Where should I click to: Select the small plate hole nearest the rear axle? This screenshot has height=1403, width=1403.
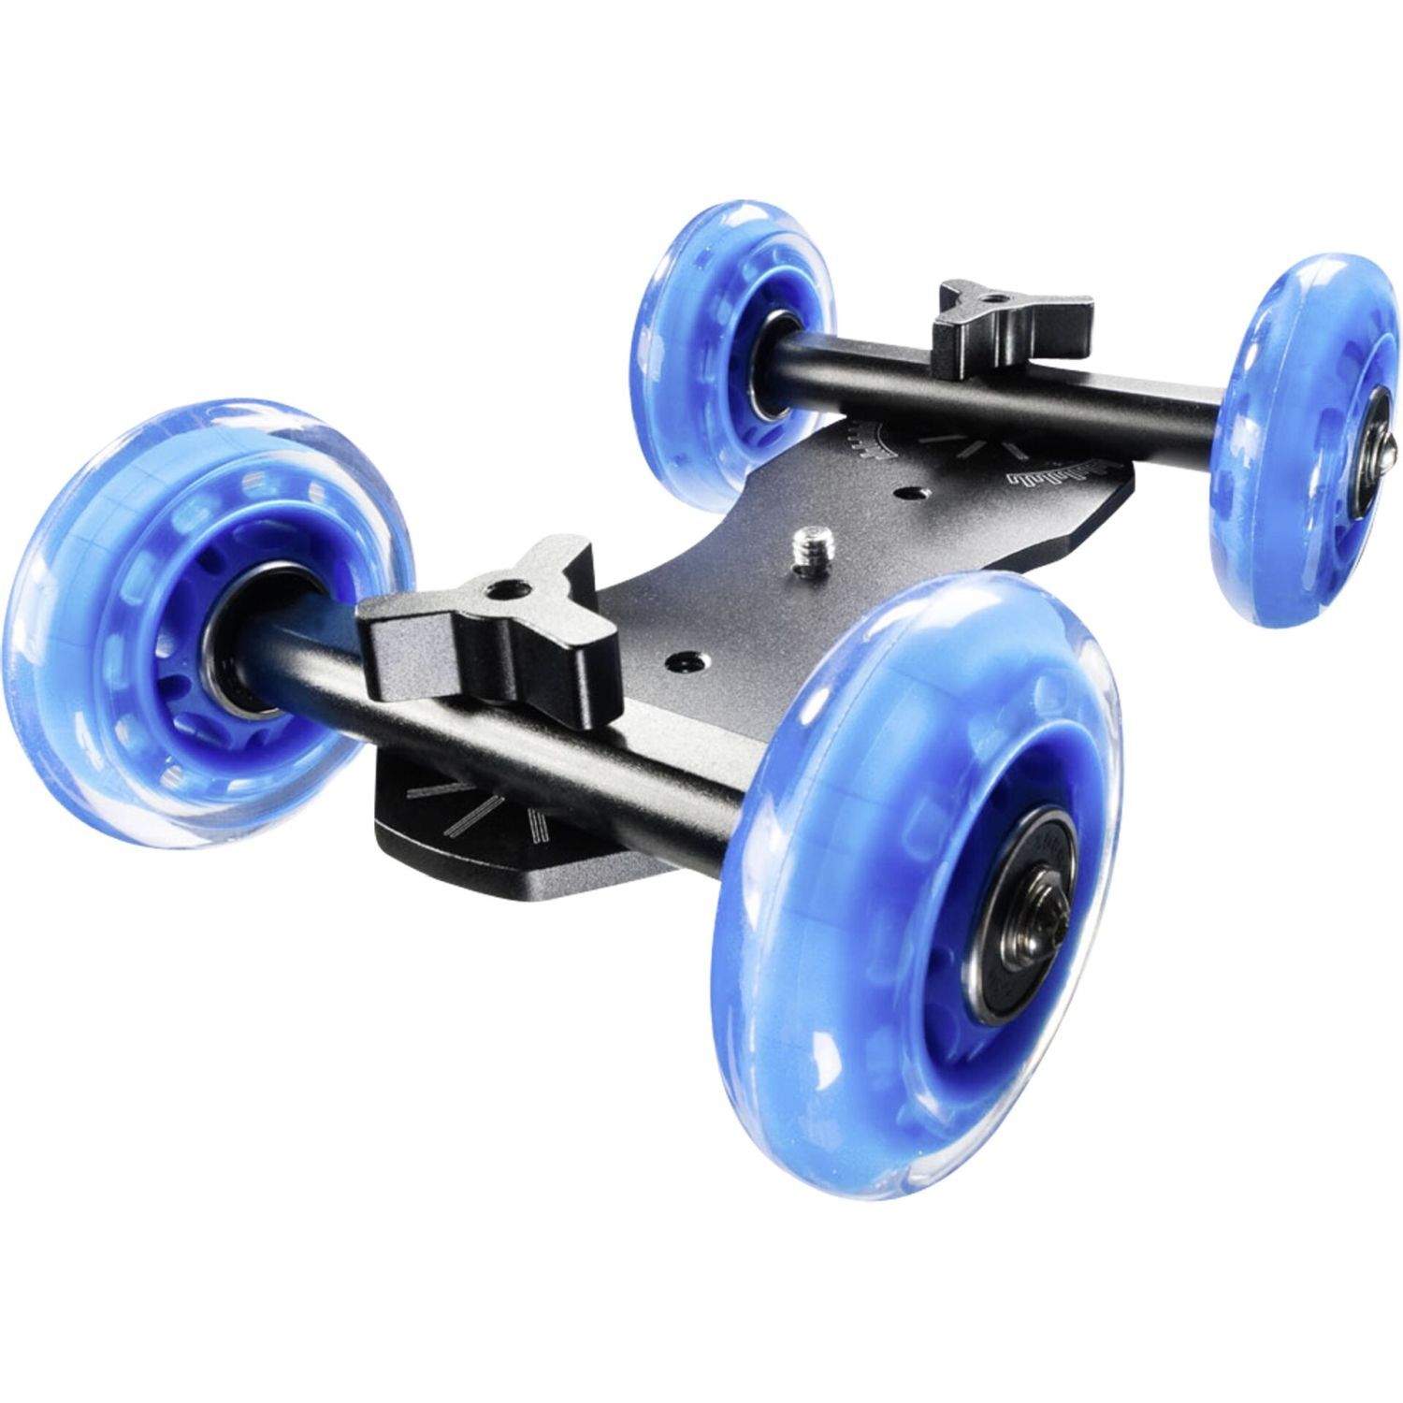click(x=906, y=489)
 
